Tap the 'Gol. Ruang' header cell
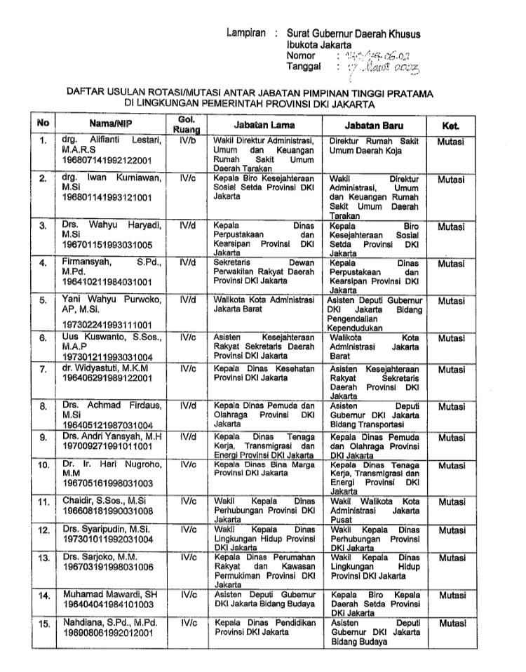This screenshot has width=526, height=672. [186, 124]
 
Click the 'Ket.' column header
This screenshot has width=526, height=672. [451, 125]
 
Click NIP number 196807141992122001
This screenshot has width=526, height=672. [102, 161]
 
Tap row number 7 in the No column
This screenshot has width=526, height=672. [43, 368]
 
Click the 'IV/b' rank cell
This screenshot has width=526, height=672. [188, 140]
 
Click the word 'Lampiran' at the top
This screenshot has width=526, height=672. [247, 33]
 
